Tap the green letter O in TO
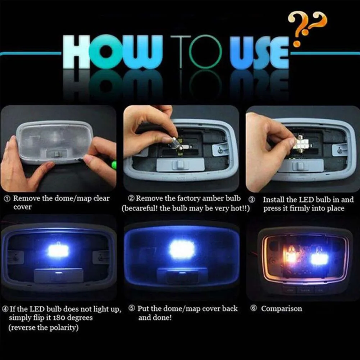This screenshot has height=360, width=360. click(x=205, y=52)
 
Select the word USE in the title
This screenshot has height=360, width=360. click(x=259, y=53)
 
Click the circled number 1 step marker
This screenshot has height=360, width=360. click(x=7, y=199)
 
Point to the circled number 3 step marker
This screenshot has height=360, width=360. click(x=252, y=200)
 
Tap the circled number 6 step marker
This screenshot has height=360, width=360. click(x=254, y=308)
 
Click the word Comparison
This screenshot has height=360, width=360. click(x=282, y=309)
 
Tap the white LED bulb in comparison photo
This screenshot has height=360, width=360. click(x=319, y=258)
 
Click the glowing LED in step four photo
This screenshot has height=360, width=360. click(x=58, y=251)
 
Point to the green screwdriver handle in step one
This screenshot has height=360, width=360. click(x=114, y=165)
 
